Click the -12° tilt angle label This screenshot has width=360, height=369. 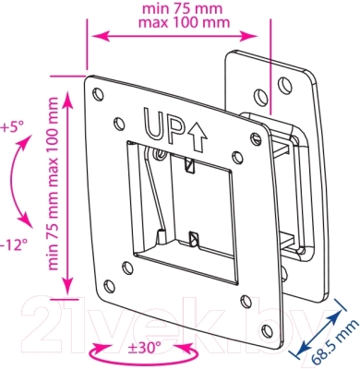tap(13, 246)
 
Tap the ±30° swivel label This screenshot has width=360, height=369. tap(144, 348)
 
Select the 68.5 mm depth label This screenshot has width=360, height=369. tap(334, 345)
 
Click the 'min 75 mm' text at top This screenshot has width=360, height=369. tap(182, 8)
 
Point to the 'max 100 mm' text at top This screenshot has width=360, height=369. tap(184, 22)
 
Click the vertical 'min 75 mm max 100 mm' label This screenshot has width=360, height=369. tap(53, 184)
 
